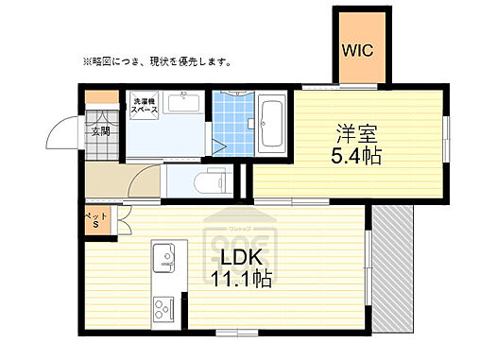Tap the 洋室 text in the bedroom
click(x=355, y=132)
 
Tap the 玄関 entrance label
click(x=100, y=131)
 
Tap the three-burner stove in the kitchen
click(x=162, y=310)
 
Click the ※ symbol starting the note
click(x=87, y=63)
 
